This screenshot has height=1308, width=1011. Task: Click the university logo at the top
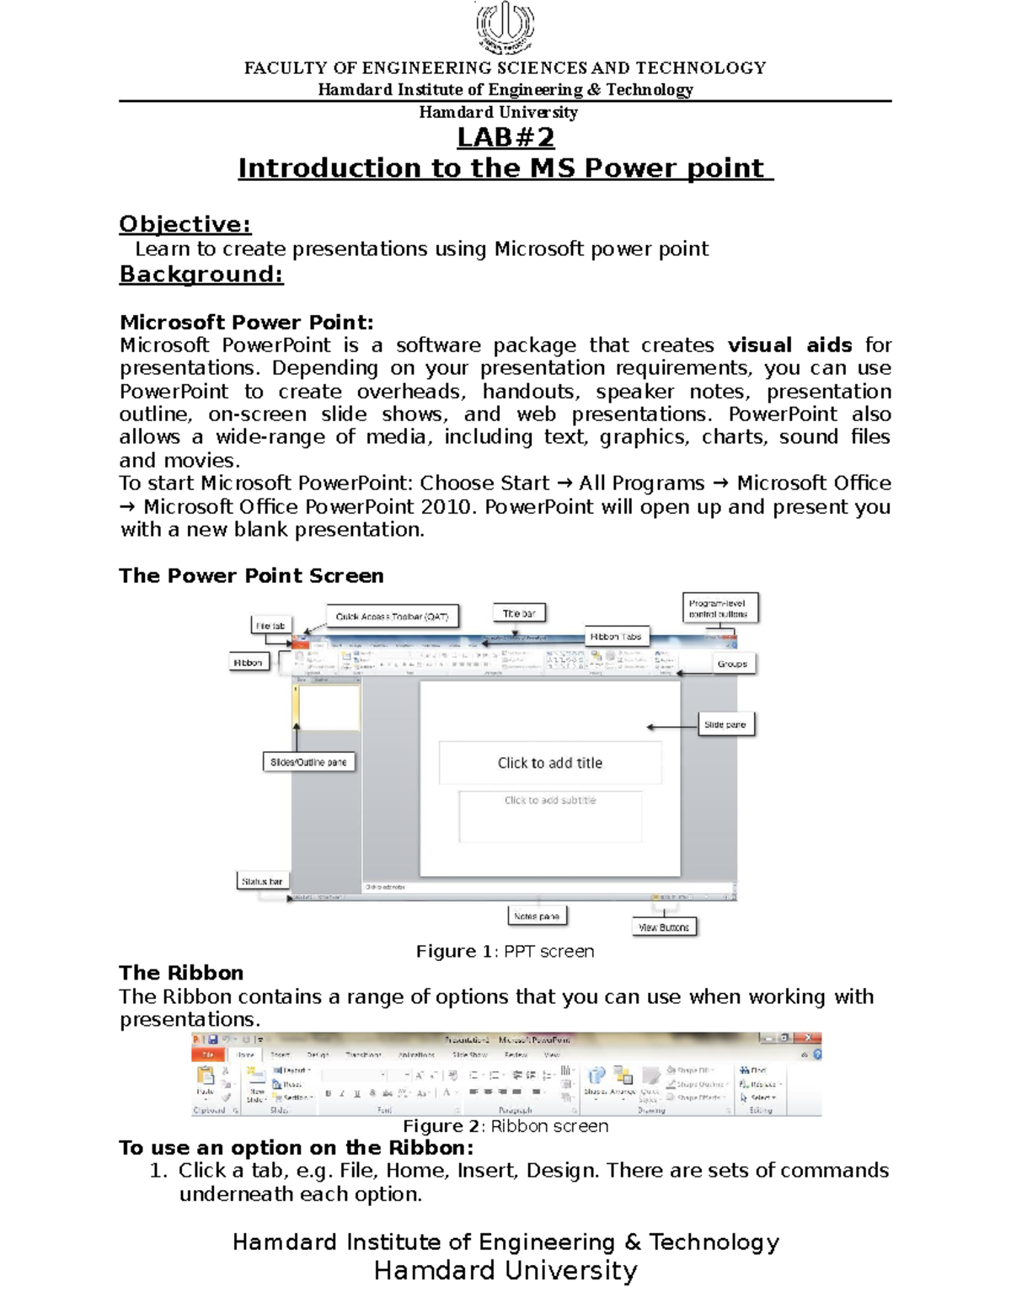click(x=505, y=27)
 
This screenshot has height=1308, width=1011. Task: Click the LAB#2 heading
click(x=505, y=137)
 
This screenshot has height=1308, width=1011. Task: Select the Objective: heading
click(x=185, y=224)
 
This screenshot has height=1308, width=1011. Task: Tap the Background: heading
click(x=201, y=275)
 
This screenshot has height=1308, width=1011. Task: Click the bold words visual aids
click(x=789, y=345)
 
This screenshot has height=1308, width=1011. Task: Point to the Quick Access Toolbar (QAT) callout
click(x=392, y=617)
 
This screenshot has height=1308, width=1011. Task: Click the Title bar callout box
click(x=519, y=613)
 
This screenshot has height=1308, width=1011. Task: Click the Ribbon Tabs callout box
click(x=616, y=637)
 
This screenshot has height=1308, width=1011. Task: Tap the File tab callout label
click(x=270, y=626)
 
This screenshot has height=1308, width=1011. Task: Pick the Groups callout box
click(x=732, y=664)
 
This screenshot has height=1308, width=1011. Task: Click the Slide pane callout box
click(x=725, y=724)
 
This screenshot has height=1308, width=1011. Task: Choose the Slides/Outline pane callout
click(x=308, y=762)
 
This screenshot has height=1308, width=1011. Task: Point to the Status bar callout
click(x=262, y=881)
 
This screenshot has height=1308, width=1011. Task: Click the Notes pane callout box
click(x=537, y=916)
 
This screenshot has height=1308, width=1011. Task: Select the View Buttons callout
click(x=664, y=927)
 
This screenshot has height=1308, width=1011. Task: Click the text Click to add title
click(x=550, y=763)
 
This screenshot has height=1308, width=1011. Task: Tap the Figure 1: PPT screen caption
click(x=505, y=952)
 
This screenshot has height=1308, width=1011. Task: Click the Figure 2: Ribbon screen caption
click(x=505, y=1127)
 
